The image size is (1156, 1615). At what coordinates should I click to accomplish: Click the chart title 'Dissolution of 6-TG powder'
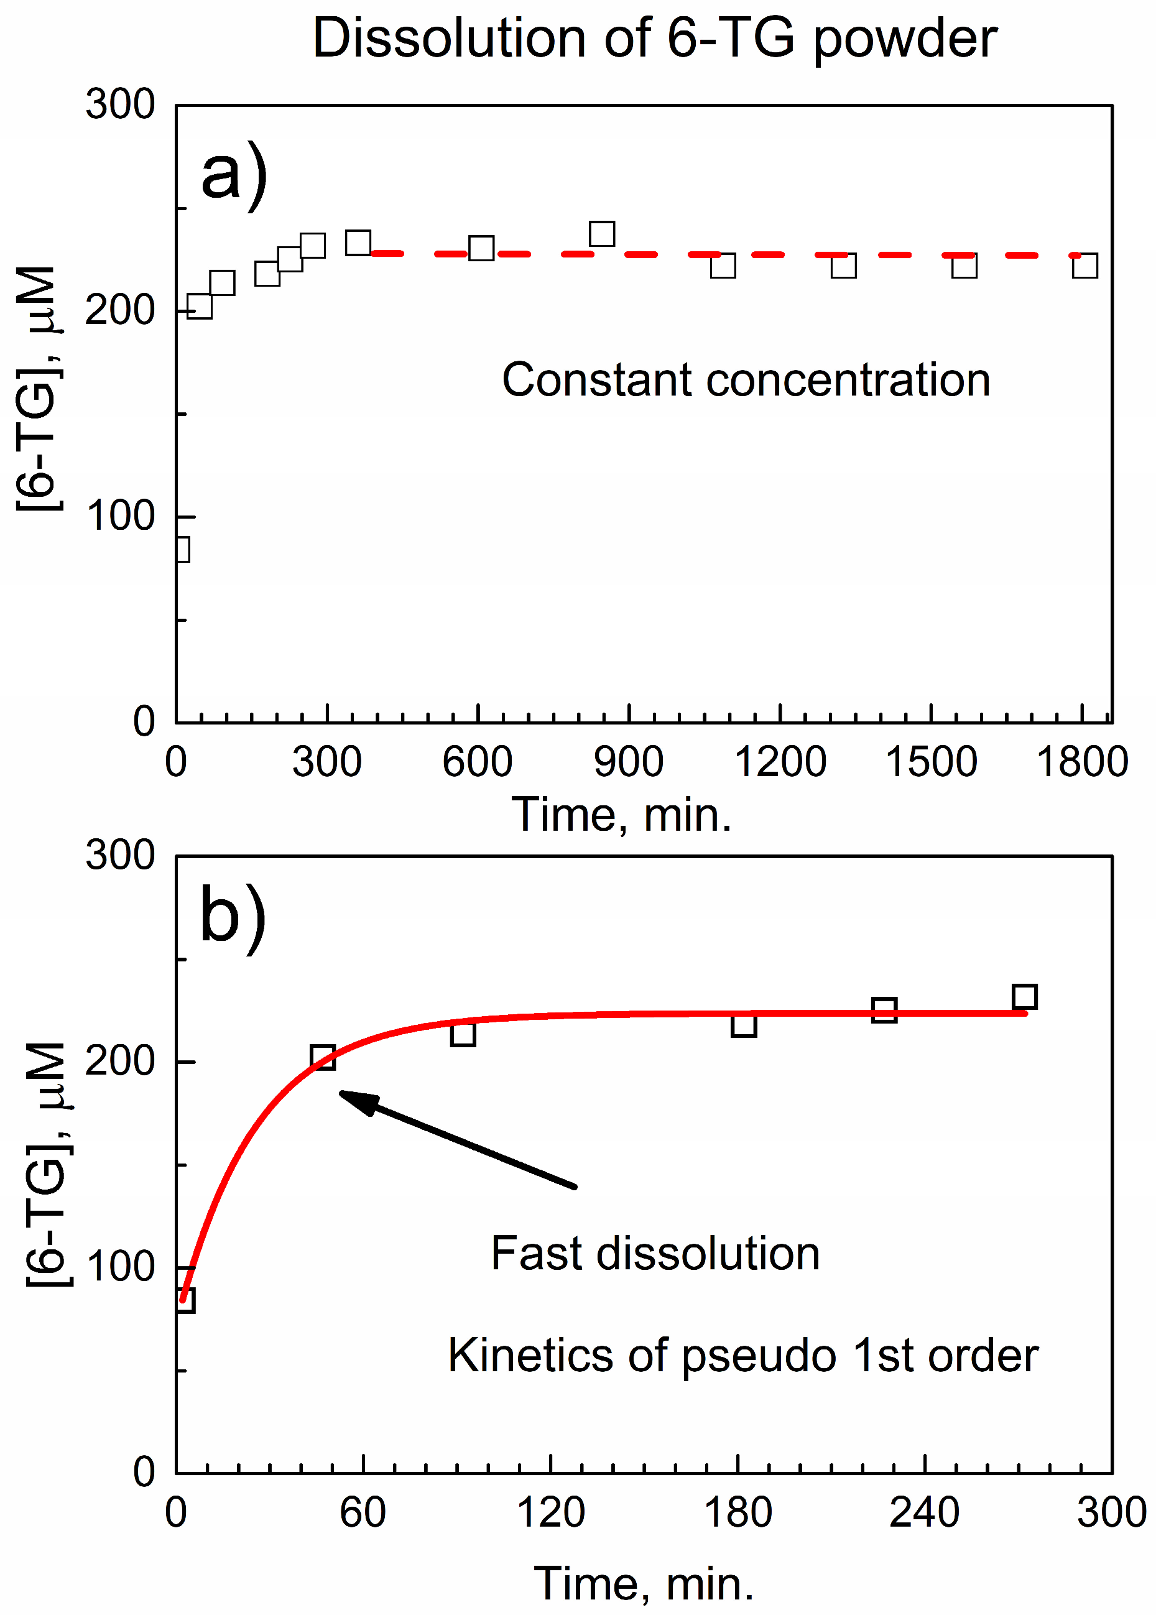click(654, 39)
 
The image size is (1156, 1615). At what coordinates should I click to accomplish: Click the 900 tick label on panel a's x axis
click(629, 762)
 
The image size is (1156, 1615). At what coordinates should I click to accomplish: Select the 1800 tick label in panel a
click(1081, 762)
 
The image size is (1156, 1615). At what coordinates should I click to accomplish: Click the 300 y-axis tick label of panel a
click(119, 104)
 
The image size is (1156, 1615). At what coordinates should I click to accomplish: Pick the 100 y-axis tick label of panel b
click(119, 1267)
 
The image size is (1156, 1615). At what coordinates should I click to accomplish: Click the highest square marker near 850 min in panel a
click(602, 233)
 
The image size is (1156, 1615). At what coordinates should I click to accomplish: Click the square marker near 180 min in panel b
click(743, 1025)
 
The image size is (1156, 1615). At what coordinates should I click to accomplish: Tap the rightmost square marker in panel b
click(1024, 997)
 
